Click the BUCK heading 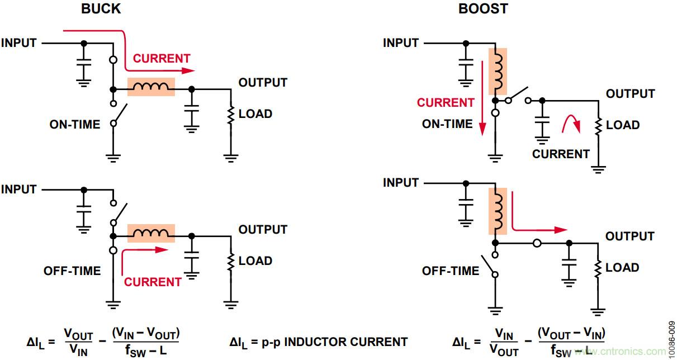pyautogui.click(x=101, y=9)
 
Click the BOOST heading pyautogui.click(x=482, y=9)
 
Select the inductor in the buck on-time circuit pyautogui.click(x=151, y=87)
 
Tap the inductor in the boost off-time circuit pyautogui.click(x=498, y=211)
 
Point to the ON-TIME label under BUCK pyautogui.click(x=75, y=125)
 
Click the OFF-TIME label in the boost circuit pyautogui.click(x=451, y=271)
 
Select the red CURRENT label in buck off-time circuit pyautogui.click(x=153, y=282)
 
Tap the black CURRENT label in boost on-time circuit pyautogui.click(x=561, y=154)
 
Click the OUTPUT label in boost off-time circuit pyautogui.click(x=629, y=236)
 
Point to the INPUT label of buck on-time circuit pyautogui.click(x=19, y=43)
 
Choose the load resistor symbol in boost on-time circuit pyautogui.click(x=599, y=126)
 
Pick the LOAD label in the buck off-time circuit pyautogui.click(x=255, y=261)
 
